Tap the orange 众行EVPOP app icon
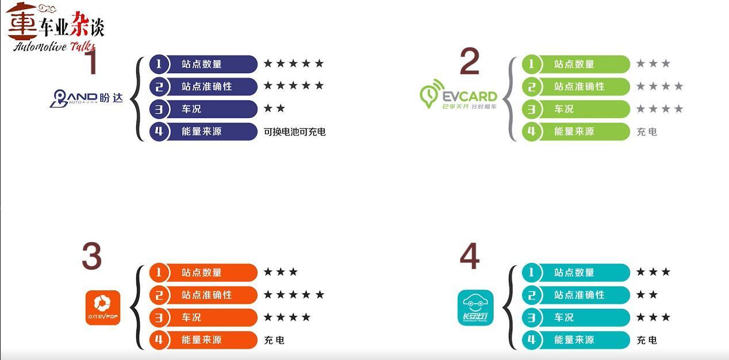pos(103,308)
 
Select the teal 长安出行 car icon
pos(475,308)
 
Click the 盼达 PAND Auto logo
pos(86,98)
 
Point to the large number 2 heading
pos(469,63)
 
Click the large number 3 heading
pos(92,256)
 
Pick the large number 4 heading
pos(470,256)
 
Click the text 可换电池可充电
pos(294,132)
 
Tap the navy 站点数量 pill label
pos(202,64)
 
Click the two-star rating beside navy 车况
pos(274,109)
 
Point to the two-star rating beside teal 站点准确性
pos(647,294)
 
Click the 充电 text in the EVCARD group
pos(647,132)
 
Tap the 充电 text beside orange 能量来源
pos(274,340)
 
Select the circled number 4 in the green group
pos(531,131)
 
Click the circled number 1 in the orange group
pos(159,272)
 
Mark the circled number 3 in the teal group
pos(531,317)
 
